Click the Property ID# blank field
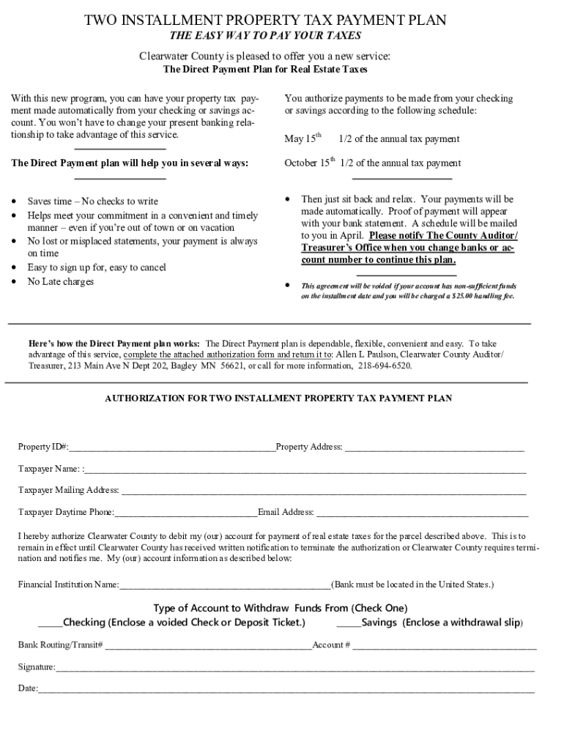[172, 448]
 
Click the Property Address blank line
[434, 448]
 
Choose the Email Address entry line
[422, 513]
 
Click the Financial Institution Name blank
[225, 585]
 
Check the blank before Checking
[51, 623]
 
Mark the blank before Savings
[349, 623]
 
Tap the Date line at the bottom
[286, 690]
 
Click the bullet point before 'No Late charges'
[15, 281]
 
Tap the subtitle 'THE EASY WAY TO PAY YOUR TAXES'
[265, 36]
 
